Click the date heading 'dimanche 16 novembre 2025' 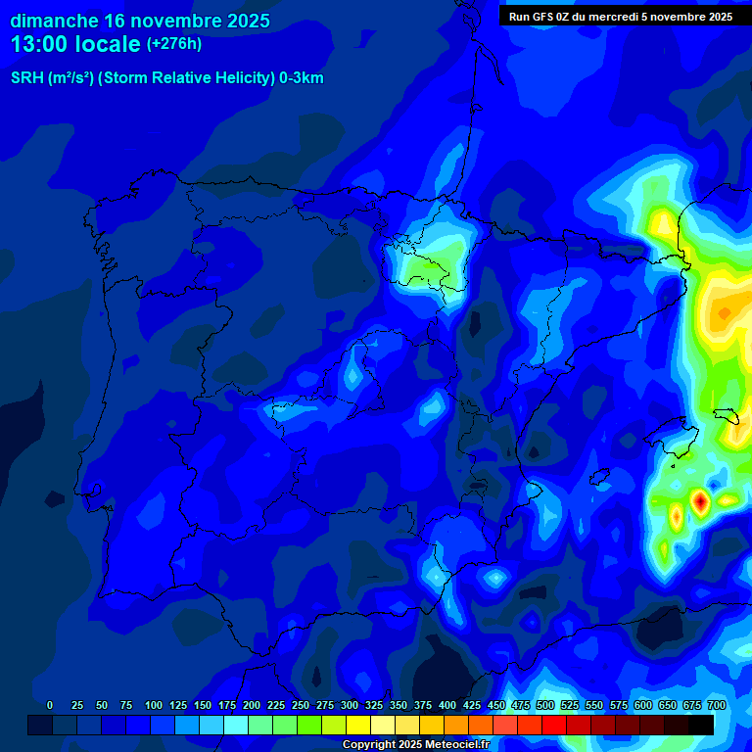(140, 21)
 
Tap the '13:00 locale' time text (76, 44)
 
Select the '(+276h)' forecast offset (173, 44)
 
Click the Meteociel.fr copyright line (415, 745)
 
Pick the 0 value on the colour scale (50, 705)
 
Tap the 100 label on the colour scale (154, 705)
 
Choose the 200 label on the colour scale (252, 705)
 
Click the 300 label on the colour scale (350, 705)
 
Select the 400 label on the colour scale (447, 705)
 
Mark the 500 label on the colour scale (545, 705)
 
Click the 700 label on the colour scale (716, 705)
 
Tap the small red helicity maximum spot (700, 501)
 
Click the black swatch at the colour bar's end (701, 725)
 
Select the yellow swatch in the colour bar (358, 725)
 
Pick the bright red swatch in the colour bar (554, 725)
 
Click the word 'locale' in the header (107, 44)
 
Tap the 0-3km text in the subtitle (302, 78)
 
